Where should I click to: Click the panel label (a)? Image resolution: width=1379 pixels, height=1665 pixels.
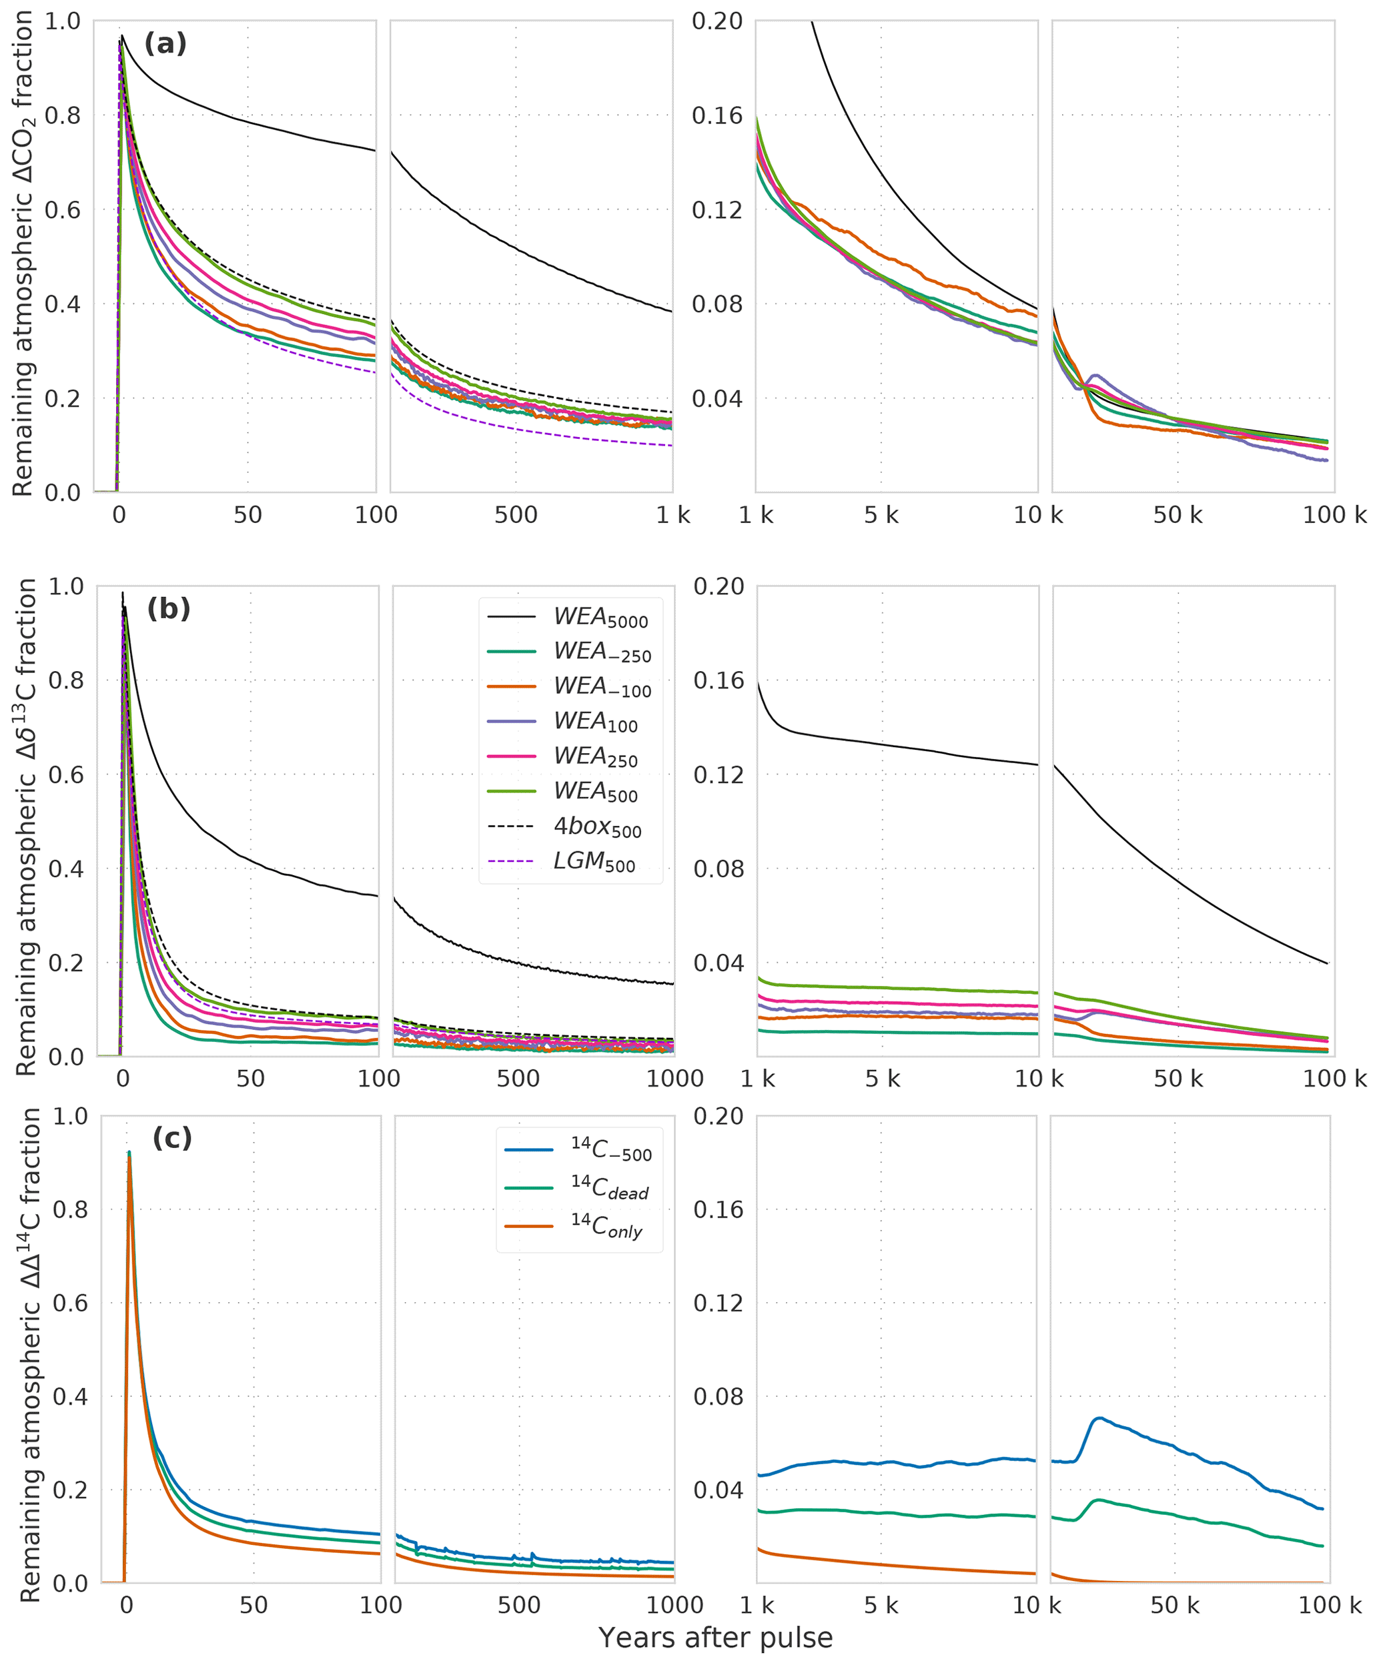coord(165,43)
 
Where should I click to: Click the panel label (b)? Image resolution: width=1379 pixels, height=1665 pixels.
coord(168,608)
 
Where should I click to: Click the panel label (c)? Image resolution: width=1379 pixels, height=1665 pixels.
coord(172,1138)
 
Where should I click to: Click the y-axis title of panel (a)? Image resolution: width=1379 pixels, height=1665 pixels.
coord(24,253)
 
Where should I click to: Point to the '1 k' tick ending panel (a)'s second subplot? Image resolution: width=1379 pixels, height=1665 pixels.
coord(672,516)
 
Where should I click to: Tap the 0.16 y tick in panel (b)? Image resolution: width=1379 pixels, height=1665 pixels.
coord(719,680)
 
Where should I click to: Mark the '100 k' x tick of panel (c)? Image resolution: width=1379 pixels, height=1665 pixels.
coord(1329,1606)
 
